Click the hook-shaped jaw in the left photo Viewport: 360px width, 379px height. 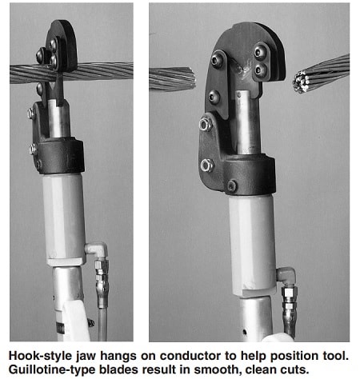(x=62, y=44)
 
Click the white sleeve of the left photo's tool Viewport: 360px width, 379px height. (x=64, y=216)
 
